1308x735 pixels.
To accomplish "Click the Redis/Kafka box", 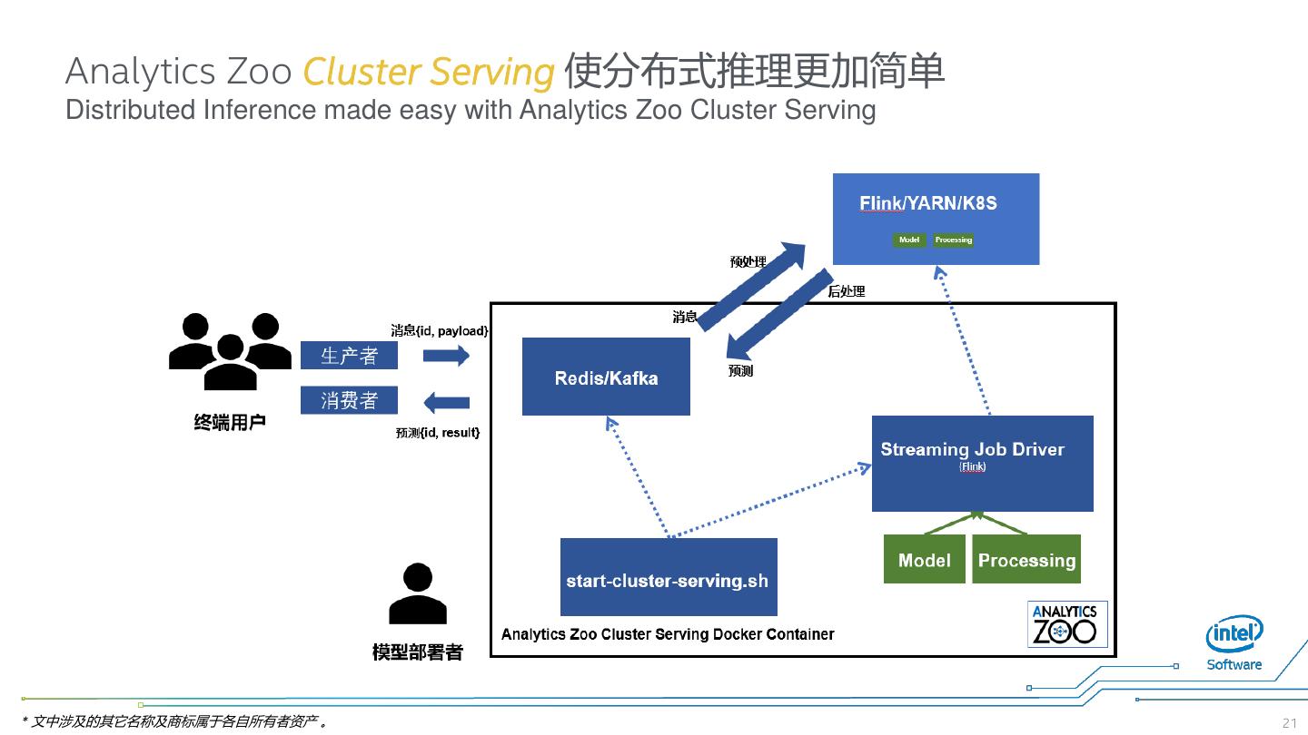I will (606, 377).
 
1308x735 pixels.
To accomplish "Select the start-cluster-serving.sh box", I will (669, 577).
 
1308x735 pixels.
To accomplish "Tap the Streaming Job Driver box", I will (982, 463).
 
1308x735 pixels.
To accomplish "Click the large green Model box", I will (924, 560).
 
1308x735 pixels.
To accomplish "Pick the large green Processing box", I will (1026, 560).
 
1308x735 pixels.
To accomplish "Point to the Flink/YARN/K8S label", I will (927, 203).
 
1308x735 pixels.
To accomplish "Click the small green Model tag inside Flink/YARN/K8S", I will (909, 240).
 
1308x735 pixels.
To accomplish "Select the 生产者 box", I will (350, 356).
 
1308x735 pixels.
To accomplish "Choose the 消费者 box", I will (350, 399).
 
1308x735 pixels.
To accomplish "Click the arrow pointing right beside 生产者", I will (446, 356).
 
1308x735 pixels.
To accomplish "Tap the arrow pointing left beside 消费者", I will (446, 401).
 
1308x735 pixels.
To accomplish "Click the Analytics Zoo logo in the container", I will (1067, 623).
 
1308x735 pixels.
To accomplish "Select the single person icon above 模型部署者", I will (418, 594).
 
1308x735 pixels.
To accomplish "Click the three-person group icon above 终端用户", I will (223, 349).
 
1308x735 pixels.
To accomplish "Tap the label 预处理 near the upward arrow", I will (748, 262).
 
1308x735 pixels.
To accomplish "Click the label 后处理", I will (847, 291).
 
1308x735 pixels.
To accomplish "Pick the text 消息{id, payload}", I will (440, 330).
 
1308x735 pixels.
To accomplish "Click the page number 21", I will (1289, 723).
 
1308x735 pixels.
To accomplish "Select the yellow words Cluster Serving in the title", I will (428, 72).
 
